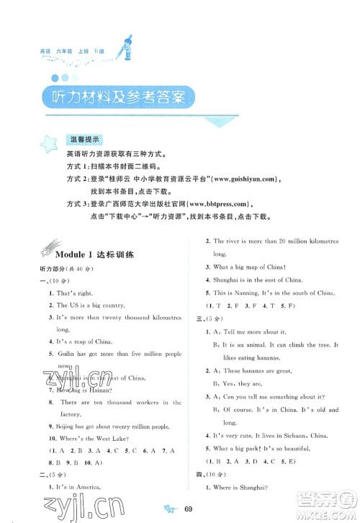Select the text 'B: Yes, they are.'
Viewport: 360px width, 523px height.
tap(241, 383)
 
